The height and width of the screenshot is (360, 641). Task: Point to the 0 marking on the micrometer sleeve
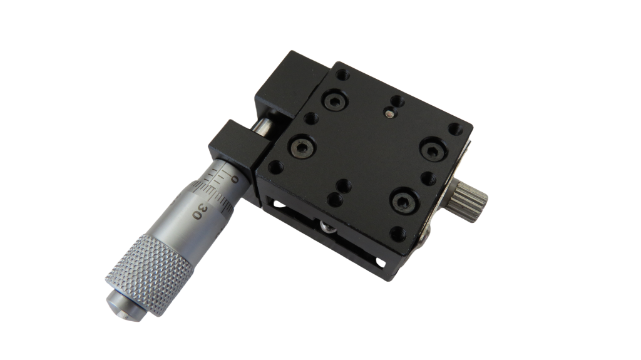(x=234, y=179)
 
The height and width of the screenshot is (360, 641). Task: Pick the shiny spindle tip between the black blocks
(x=263, y=126)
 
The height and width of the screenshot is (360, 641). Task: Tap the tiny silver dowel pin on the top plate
(x=390, y=113)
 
